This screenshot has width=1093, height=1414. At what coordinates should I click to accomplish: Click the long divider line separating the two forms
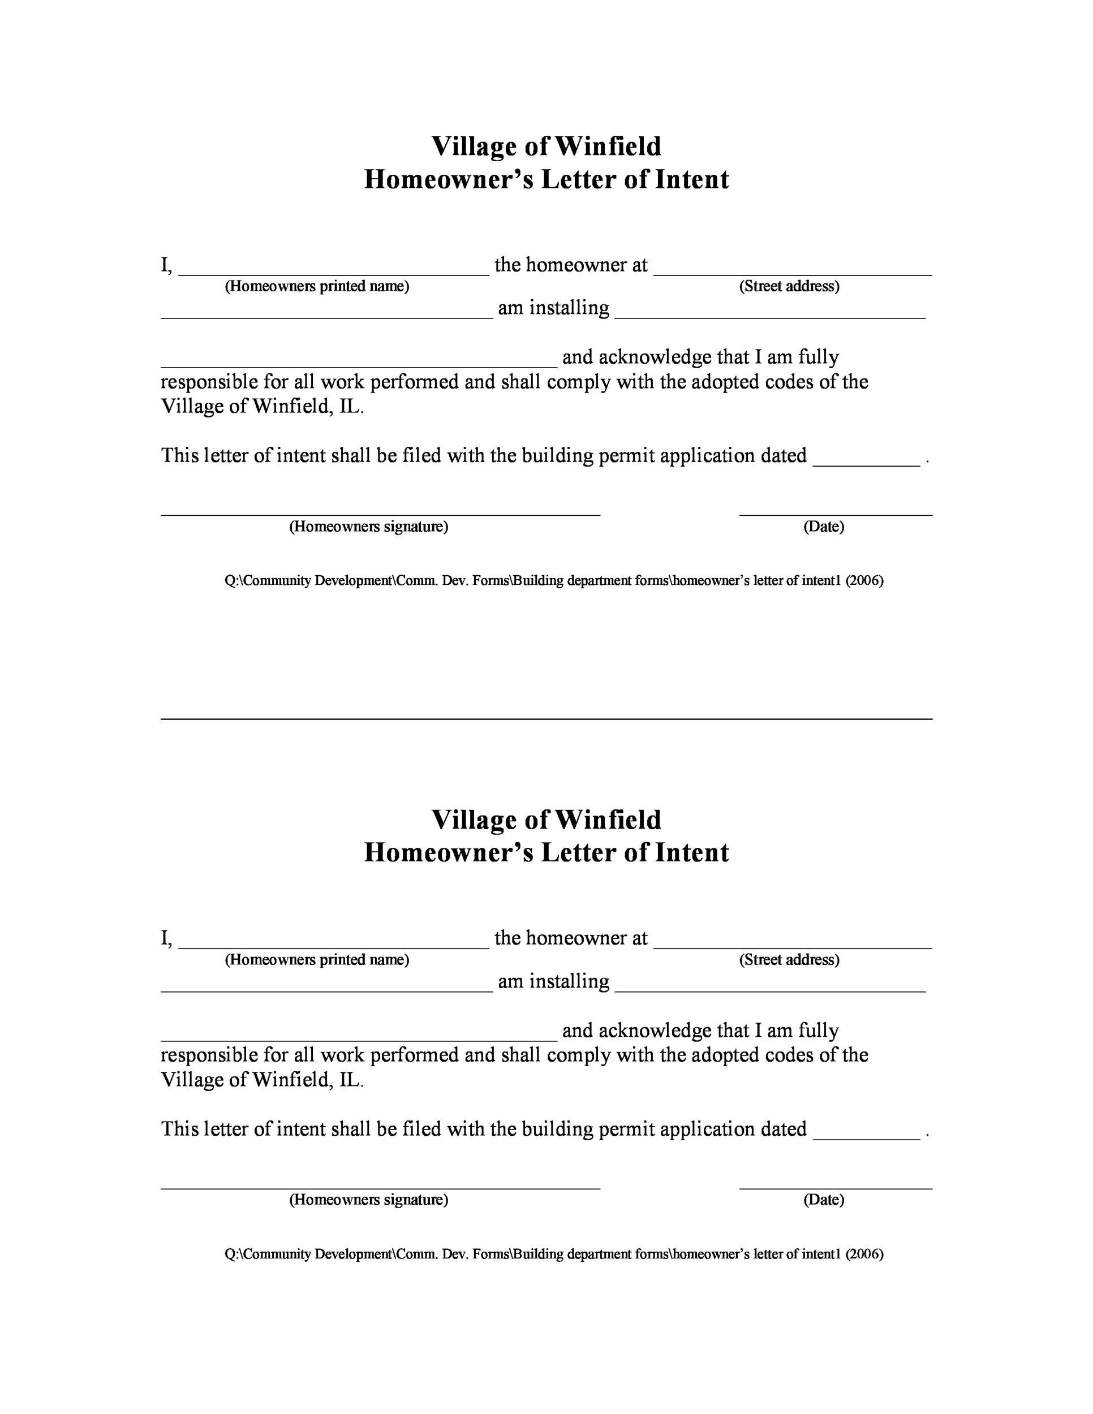click(546, 719)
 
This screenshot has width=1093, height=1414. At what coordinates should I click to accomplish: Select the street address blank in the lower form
click(793, 947)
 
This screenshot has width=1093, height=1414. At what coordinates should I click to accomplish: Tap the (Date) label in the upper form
click(824, 527)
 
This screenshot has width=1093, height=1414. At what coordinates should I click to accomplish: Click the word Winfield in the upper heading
click(608, 146)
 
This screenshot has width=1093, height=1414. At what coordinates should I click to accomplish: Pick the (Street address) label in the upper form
click(789, 286)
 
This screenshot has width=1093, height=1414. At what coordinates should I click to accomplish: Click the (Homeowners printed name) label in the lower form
click(317, 959)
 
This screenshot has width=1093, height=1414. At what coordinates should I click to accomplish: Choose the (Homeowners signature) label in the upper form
click(368, 527)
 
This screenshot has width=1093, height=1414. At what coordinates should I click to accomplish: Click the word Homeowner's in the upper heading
click(449, 180)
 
